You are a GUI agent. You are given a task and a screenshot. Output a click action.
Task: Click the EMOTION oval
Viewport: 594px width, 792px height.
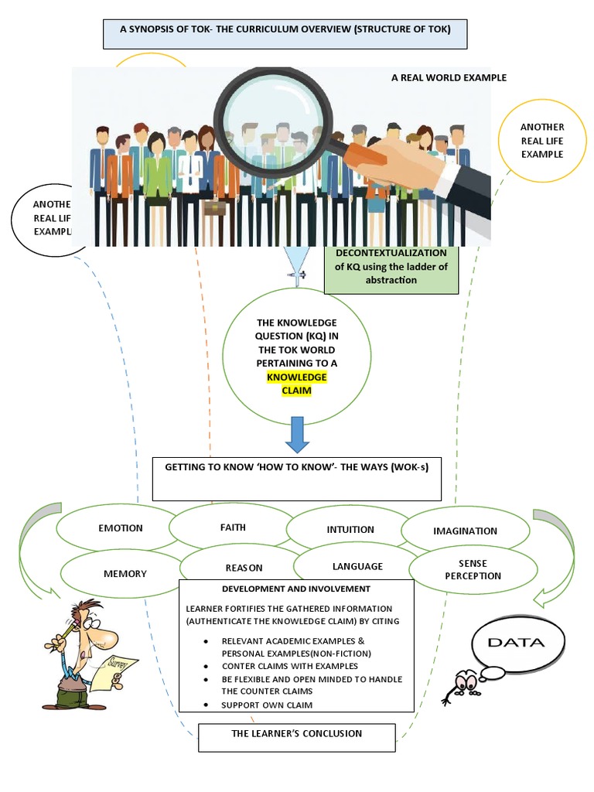120,528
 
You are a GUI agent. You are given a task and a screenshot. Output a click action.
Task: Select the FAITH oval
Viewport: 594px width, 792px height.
232,527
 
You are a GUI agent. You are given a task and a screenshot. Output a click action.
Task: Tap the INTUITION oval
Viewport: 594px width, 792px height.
350,530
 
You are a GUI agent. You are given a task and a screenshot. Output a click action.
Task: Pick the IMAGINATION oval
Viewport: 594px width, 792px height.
465,531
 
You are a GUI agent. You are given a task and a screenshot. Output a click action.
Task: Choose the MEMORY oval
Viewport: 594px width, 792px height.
125,574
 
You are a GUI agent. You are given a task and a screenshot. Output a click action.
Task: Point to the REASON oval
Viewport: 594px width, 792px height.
244,568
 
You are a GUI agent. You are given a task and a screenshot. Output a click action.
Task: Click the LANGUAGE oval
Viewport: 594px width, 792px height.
357,566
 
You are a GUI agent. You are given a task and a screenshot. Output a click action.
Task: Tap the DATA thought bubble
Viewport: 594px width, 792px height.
525,642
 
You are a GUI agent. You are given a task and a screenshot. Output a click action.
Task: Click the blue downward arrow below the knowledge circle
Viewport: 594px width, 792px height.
297,434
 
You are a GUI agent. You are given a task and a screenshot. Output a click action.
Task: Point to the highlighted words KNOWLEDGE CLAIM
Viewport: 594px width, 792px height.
297,384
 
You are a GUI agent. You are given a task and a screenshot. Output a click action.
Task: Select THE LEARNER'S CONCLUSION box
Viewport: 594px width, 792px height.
297,734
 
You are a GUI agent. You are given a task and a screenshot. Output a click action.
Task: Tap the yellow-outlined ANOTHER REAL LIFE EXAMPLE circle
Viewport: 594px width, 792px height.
541,140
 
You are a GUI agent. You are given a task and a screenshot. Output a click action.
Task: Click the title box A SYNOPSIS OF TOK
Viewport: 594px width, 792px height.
285,33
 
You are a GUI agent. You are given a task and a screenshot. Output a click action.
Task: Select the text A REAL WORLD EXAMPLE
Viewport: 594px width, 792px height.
449,77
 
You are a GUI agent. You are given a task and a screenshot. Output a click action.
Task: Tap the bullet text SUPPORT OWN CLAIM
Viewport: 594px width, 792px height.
267,705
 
